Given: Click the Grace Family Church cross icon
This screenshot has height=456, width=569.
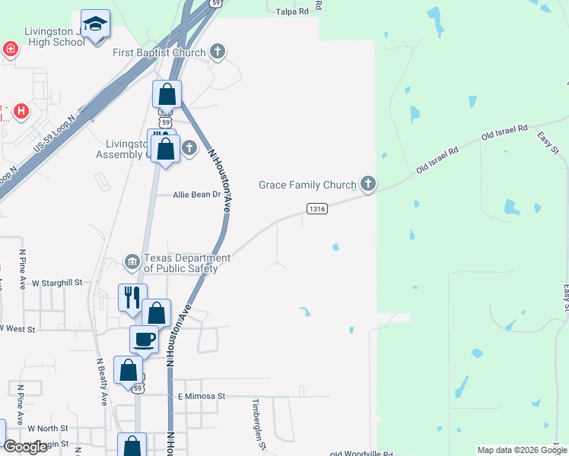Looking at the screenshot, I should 368,184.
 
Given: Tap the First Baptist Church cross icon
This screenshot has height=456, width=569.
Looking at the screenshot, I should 218,52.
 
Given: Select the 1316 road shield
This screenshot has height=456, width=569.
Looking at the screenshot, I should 317,208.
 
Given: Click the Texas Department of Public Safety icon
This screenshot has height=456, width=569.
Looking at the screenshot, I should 133,262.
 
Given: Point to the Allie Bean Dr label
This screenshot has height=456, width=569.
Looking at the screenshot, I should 196,195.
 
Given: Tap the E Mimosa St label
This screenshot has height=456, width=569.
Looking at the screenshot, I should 202,396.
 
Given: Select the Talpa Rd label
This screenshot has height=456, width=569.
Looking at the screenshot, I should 292,11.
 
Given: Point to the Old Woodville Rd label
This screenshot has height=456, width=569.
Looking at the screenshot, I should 361,454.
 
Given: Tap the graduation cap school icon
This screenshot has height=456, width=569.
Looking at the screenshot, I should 95,25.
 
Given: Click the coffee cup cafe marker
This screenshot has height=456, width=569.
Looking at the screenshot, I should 144,340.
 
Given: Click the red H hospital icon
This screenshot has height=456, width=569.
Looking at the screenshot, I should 21,111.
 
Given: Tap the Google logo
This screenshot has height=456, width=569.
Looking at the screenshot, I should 25,447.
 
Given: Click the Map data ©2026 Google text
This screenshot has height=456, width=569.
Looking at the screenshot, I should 521,450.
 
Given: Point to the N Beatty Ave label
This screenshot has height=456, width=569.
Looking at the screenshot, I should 102,382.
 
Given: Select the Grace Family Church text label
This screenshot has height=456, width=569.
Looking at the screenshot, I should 307,185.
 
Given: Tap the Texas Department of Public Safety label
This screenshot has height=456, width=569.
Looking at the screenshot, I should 186,263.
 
